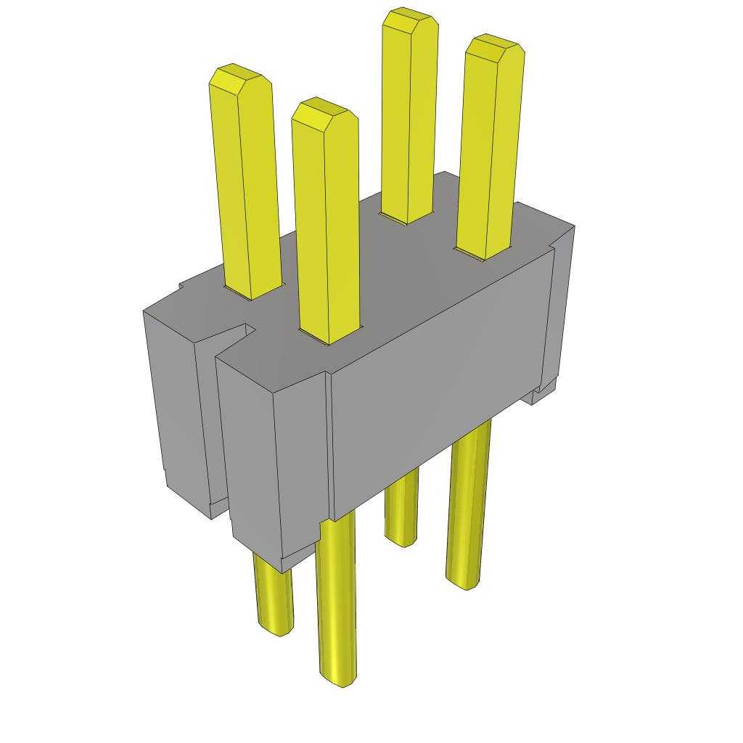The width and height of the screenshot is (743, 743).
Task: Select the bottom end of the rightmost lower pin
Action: click(464, 580)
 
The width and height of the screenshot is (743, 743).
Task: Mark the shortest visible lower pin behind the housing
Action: click(401, 508)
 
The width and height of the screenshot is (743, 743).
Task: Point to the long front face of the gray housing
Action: click(435, 392)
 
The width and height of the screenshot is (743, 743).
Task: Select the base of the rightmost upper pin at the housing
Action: click(482, 254)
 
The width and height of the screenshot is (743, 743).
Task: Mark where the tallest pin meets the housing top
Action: click(406, 219)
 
